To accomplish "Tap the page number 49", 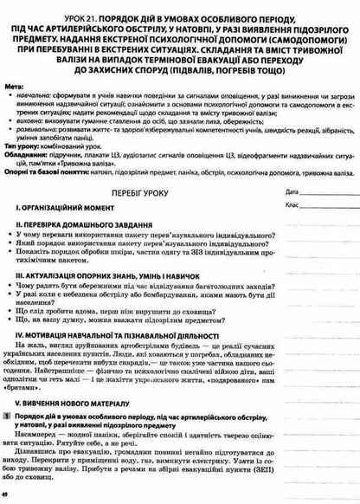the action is pos(8,495).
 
